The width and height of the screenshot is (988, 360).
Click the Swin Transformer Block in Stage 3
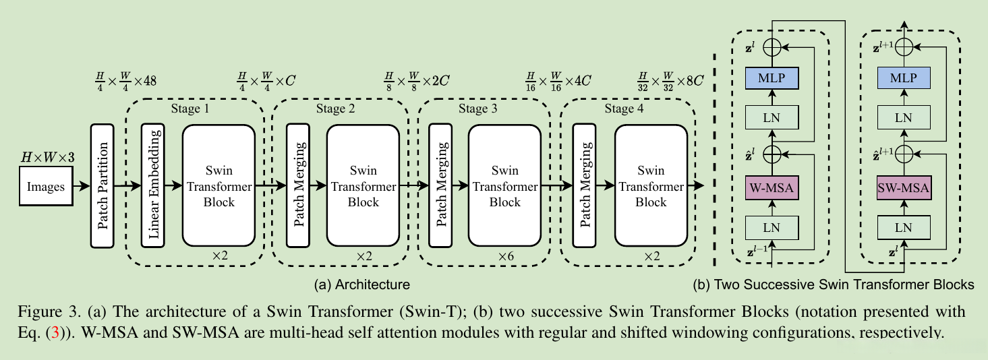click(505, 185)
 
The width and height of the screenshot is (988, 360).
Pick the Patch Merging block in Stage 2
click(297, 185)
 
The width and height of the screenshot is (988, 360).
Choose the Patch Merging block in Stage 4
click(583, 185)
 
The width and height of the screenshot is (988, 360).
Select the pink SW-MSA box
click(903, 187)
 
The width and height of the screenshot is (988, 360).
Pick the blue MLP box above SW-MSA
click(903, 78)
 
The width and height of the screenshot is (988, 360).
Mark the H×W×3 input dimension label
click(47, 158)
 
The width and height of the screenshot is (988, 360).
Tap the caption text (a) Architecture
click(362, 284)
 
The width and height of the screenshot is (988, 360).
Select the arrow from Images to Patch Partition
click(82, 185)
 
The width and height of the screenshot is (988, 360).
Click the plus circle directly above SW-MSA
click(903, 154)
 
